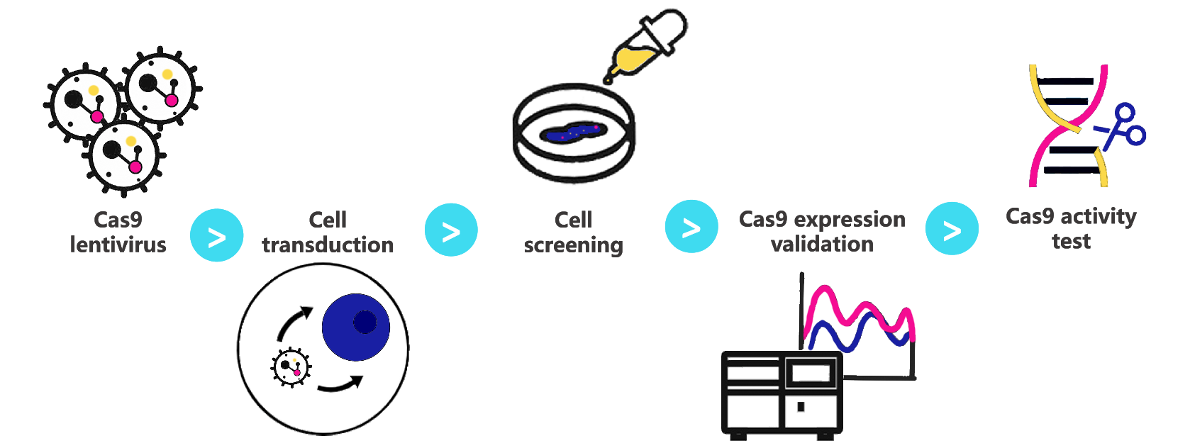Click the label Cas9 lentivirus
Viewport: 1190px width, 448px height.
tap(118, 232)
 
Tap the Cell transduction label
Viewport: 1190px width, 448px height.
tap(328, 232)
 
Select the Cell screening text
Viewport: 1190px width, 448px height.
tap(573, 232)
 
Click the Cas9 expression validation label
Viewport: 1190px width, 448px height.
tap(822, 231)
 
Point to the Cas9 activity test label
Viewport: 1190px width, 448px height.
tap(1071, 228)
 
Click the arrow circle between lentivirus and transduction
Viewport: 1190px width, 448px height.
tap(217, 236)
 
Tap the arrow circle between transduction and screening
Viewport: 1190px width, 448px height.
tap(451, 230)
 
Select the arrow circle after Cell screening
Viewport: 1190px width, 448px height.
tap(691, 227)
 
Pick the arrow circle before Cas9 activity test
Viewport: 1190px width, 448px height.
tap(952, 229)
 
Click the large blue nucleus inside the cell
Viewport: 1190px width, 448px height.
tap(356, 327)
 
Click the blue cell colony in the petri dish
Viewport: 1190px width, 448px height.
tap(572, 133)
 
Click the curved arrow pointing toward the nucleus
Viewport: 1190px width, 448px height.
tap(293, 323)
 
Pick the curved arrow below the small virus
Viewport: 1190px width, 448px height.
tap(340, 385)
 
